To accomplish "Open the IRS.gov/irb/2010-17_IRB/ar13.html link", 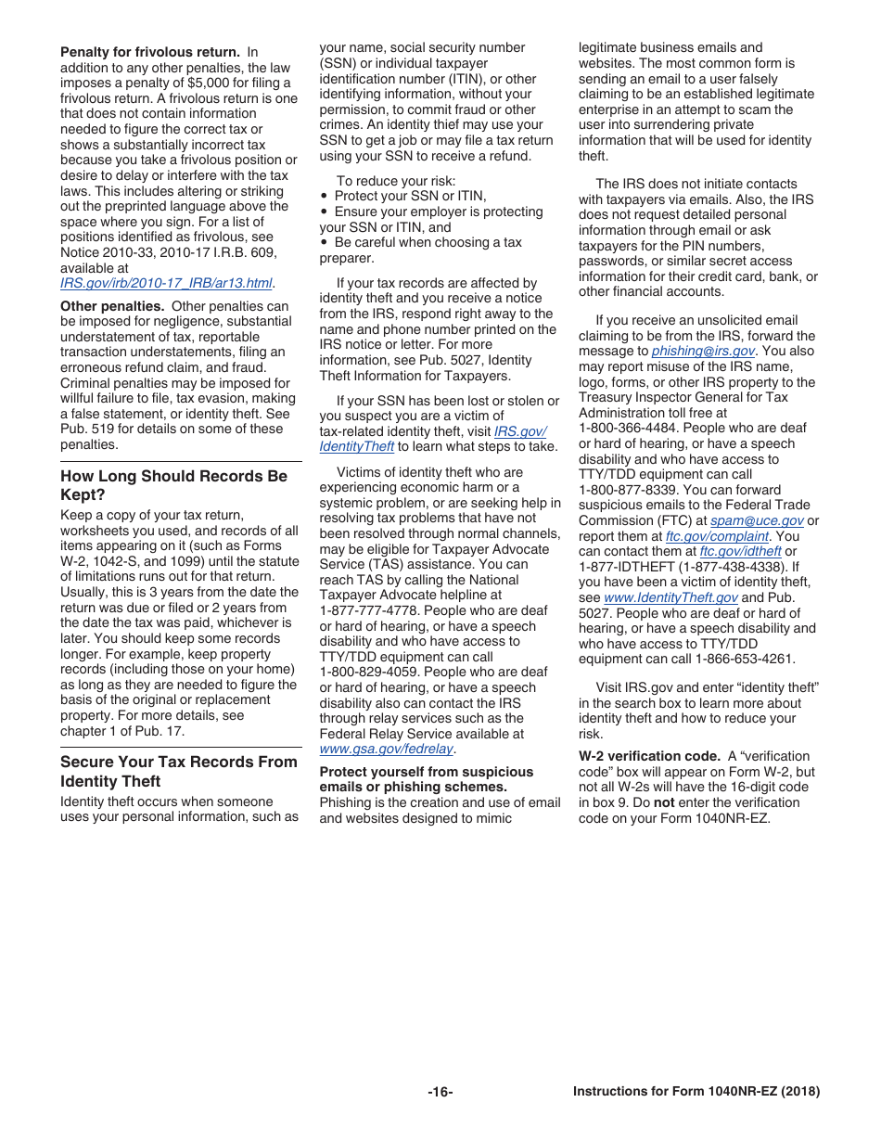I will pyautogui.click(x=167, y=283).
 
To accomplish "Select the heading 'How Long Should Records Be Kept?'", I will pyautogui.click(x=173, y=485).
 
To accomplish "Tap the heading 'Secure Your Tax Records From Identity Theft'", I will pyautogui.click(x=179, y=771).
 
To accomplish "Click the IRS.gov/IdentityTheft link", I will pyautogui.click(x=432, y=439).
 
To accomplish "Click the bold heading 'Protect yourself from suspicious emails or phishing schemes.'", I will pyautogui.click(x=426, y=779).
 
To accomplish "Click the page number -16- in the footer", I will pyautogui.click(x=440, y=1092).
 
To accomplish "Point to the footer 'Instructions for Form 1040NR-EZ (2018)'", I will pyautogui.click(x=696, y=1092).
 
